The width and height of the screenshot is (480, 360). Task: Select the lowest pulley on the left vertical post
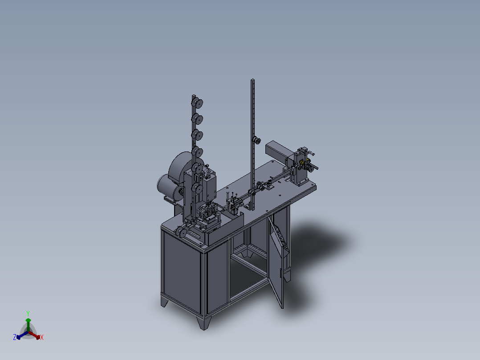[x=197, y=189]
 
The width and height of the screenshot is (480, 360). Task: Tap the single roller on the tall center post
[x=256, y=141]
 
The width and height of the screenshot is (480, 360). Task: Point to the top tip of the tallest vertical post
[x=252, y=80]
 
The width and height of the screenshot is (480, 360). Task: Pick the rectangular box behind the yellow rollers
[x=279, y=151]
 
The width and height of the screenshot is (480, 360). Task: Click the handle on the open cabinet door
[x=281, y=273]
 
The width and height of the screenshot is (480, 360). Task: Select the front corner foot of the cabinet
[x=204, y=323]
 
